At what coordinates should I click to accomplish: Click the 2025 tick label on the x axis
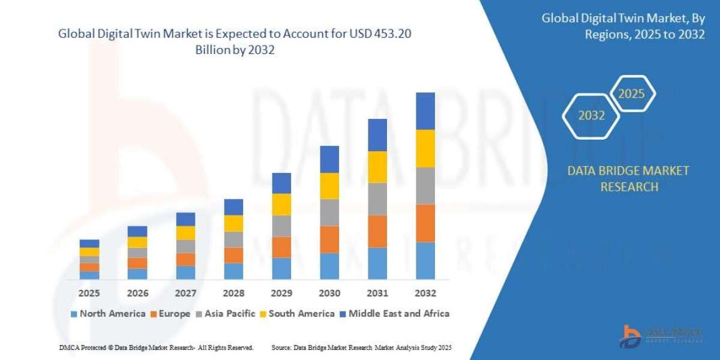(89, 293)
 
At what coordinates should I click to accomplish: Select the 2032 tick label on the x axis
(425, 293)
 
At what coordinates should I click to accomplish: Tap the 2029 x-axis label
(281, 293)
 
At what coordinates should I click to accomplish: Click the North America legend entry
(108, 313)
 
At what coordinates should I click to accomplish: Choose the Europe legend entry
(171, 313)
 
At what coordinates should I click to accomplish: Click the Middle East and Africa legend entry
(394, 313)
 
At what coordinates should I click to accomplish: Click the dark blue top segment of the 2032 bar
(425, 111)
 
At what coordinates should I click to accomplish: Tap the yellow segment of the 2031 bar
(377, 167)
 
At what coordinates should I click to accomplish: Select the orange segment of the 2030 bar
(329, 239)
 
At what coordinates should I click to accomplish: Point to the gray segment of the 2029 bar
(281, 226)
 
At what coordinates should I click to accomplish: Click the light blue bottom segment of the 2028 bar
(233, 271)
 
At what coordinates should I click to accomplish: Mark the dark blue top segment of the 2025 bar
(89, 244)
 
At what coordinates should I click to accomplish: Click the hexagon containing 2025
(631, 94)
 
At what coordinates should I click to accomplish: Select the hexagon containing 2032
(591, 116)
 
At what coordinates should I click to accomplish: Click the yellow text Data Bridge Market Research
(628, 179)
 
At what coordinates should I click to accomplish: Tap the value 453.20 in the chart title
(394, 35)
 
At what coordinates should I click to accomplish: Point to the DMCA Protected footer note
(156, 347)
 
